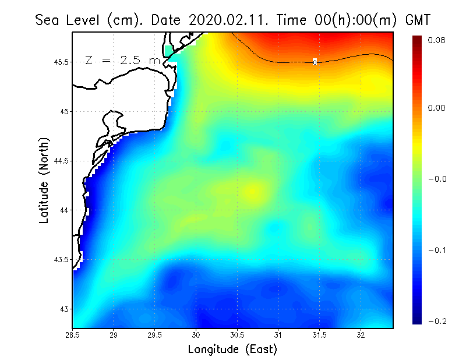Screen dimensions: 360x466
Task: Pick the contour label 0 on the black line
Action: pyautogui.click(x=315, y=62)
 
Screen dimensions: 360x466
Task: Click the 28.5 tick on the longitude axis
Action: pyautogui.click(x=73, y=336)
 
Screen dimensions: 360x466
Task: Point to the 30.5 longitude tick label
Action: pyautogui.click(x=237, y=336)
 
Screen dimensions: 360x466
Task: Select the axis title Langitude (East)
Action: pyautogui.click(x=232, y=350)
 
